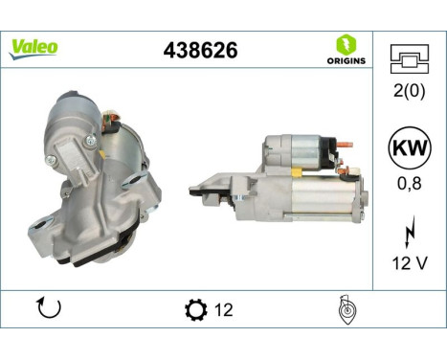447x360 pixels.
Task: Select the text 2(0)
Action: [x=409, y=91]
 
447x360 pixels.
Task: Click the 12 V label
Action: [x=409, y=263]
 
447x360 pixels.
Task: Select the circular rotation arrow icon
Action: [x=47, y=309]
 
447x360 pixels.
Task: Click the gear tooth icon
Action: [x=193, y=310]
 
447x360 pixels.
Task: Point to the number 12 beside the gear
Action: [x=224, y=310]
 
